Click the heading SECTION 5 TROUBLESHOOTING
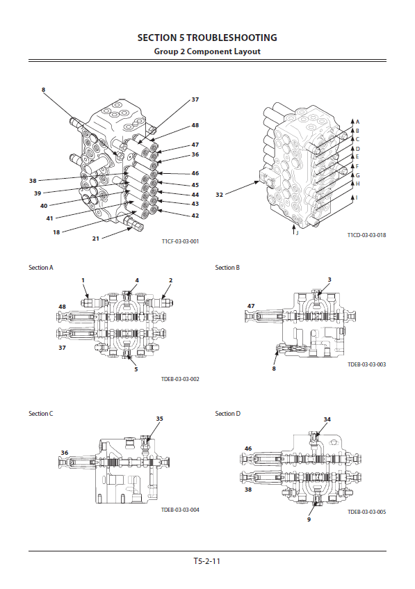click(x=207, y=38)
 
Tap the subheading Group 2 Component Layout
click(x=207, y=51)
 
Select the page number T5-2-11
click(x=207, y=561)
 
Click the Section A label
click(x=41, y=268)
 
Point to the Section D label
click(x=227, y=414)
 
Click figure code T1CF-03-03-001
click(x=180, y=241)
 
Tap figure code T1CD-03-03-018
click(x=366, y=235)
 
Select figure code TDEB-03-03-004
click(x=180, y=510)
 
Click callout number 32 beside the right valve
click(x=220, y=195)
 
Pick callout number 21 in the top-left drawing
click(x=96, y=238)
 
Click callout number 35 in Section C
click(x=160, y=419)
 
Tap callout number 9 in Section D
click(x=309, y=519)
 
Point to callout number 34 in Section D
click(x=327, y=419)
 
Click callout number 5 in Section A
click(x=136, y=369)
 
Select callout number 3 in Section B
click(x=329, y=280)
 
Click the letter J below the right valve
click(x=297, y=233)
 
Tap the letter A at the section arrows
click(x=357, y=122)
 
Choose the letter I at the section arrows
click(x=357, y=197)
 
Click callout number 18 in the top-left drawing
click(x=56, y=232)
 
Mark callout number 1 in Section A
click(x=83, y=280)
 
